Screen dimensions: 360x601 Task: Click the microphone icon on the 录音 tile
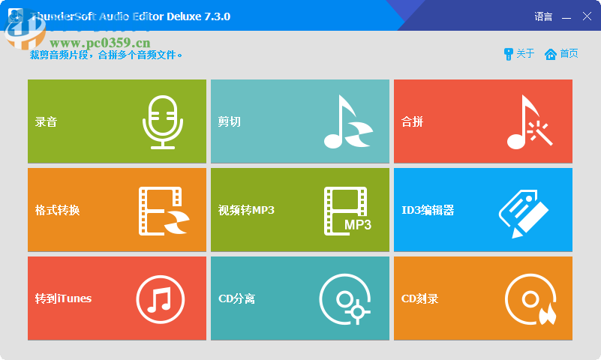click(163, 121)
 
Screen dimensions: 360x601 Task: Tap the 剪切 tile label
click(230, 121)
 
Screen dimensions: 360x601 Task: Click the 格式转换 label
click(57, 210)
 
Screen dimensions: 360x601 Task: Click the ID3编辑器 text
click(428, 210)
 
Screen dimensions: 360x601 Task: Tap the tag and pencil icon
click(524, 211)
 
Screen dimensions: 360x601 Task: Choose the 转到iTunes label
click(63, 298)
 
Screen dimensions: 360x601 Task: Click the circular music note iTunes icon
click(160, 298)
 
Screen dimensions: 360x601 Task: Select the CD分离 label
click(236, 298)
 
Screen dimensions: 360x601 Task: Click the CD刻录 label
click(419, 298)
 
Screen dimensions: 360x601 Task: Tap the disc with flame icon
click(530, 298)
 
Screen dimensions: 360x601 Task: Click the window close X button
click(587, 16)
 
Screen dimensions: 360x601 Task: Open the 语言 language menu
click(543, 16)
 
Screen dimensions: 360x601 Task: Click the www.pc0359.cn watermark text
click(100, 43)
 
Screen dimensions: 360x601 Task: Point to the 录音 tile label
click(47, 121)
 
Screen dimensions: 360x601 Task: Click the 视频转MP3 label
click(246, 210)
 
